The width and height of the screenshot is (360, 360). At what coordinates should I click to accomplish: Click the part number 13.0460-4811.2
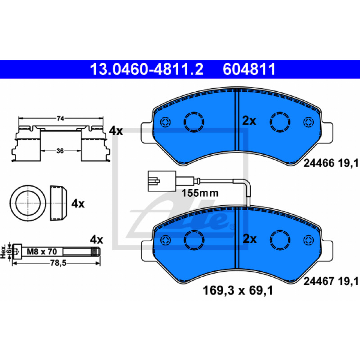tap(147, 69)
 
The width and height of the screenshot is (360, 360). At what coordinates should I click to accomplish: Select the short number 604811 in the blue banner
tap(249, 69)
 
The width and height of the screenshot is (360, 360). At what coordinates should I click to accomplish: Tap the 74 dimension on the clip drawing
tap(60, 118)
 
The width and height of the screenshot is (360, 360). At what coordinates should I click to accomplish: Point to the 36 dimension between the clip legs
tap(60, 151)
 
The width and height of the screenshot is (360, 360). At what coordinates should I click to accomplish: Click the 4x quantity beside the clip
tap(116, 131)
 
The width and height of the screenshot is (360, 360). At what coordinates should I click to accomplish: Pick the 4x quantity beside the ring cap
tap(78, 204)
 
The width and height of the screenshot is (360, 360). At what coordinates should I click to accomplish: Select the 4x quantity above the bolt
tap(96, 240)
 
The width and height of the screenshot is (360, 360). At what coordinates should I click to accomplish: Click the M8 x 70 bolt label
tap(42, 252)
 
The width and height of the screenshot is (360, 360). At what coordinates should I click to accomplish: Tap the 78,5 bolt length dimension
tap(58, 263)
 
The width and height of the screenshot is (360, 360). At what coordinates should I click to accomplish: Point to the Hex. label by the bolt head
tap(3, 252)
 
